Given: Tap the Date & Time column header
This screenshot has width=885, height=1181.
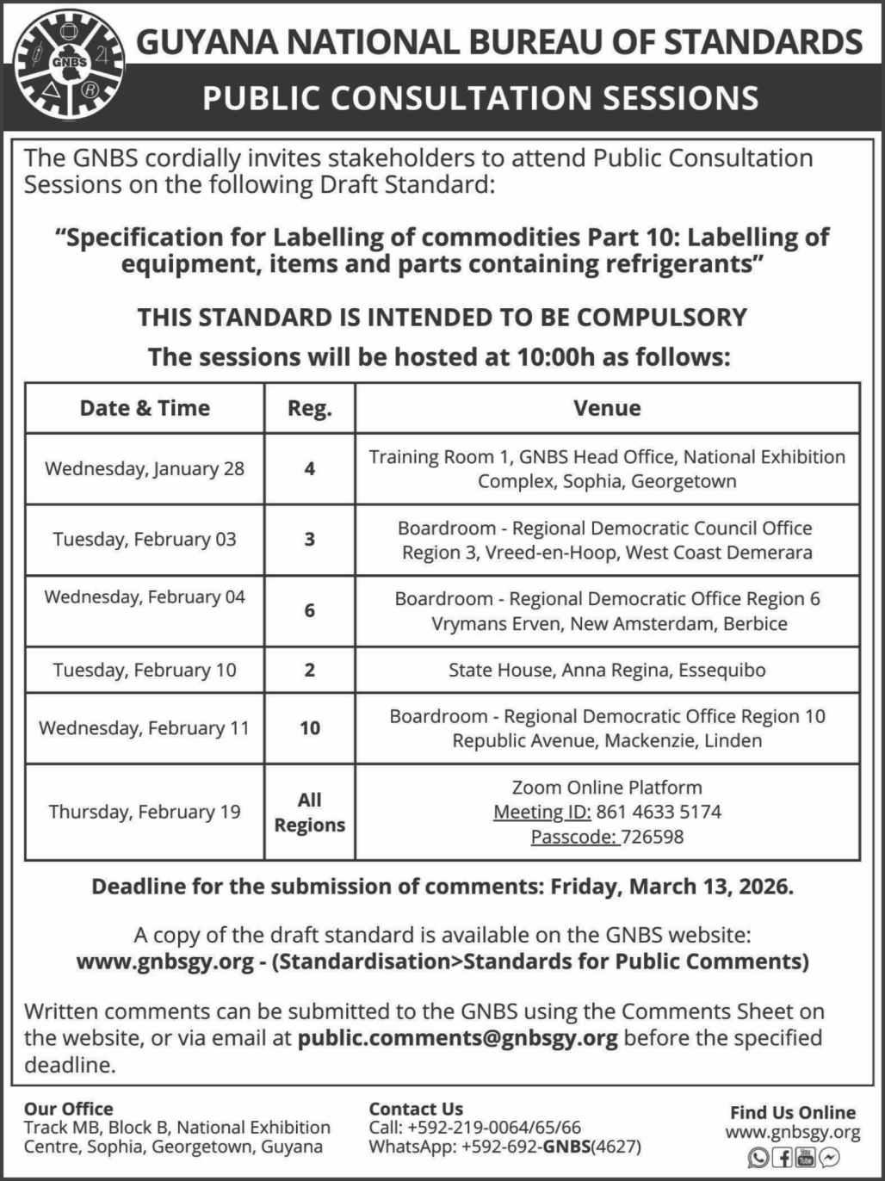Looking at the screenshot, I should coord(145,408).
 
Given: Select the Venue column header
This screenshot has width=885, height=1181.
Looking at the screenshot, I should coord(607,408).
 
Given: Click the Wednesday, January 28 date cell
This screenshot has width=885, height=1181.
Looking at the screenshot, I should coord(145,469).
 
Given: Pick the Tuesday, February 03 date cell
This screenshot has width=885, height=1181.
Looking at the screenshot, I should coord(145,540).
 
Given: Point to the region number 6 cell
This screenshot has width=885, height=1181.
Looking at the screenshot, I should coord(310,611).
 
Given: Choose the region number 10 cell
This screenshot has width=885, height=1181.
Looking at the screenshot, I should coord(310,728).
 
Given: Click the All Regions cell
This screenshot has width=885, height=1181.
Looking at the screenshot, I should coord(310,813).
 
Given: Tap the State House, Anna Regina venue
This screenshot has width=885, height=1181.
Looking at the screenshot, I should coord(607,671).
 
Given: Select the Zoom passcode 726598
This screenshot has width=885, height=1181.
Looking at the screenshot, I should coord(652,837).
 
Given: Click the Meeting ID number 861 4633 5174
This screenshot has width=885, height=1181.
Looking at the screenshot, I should coord(659,812).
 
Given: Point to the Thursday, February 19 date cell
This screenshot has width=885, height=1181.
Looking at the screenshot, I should coord(145,813).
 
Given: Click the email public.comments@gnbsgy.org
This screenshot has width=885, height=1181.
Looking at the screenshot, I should coord(457,1038).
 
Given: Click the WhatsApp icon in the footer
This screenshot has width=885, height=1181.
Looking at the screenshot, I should coord(758,1158).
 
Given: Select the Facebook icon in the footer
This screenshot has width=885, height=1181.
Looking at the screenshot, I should coord(783,1158).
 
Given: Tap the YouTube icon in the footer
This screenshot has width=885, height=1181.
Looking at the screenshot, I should coord(806,1158).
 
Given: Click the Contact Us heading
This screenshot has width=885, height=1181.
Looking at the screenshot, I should coord(416,1110).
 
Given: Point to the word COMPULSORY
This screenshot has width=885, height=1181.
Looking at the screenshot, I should coord(661,318).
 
